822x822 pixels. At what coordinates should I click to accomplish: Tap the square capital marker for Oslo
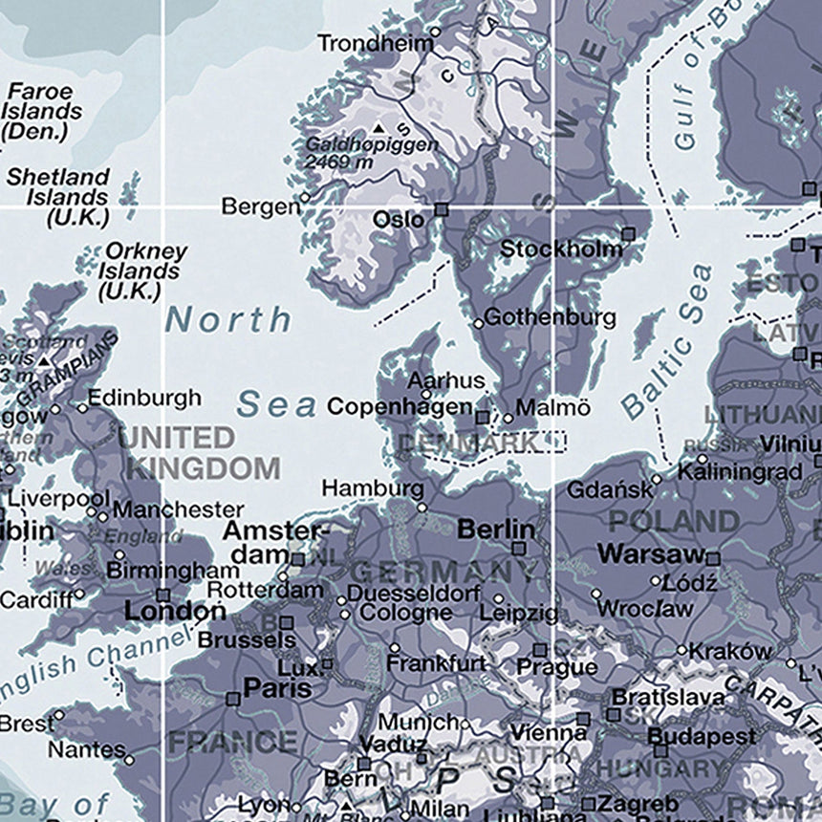(x=441, y=208)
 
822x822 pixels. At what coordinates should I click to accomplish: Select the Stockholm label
(x=561, y=249)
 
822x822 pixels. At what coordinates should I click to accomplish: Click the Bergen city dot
(x=305, y=199)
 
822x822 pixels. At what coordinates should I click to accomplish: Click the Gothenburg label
(x=550, y=318)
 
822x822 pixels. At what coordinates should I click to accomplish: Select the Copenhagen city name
(x=400, y=406)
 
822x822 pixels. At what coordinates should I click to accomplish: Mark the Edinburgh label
(x=144, y=398)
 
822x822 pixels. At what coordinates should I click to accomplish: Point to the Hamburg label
(x=372, y=487)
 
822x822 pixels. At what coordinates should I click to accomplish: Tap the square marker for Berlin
(x=519, y=549)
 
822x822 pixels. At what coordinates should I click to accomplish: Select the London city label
(x=175, y=611)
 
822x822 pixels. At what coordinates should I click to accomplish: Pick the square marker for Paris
(x=232, y=699)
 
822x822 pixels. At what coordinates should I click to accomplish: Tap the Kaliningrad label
(x=740, y=471)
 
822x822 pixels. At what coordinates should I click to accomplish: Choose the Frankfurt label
(x=437, y=662)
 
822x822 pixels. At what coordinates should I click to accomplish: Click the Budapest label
(x=702, y=736)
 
